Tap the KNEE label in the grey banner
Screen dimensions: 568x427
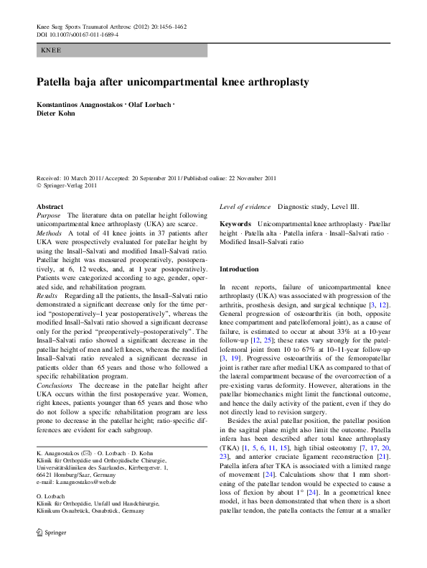click(51, 51)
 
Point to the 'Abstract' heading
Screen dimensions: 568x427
click(50, 207)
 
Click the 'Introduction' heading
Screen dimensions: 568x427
click(239, 269)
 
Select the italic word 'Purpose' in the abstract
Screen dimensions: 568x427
click(49, 215)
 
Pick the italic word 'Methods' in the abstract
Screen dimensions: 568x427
click(50, 233)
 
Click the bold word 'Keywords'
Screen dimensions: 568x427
click(235, 225)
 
